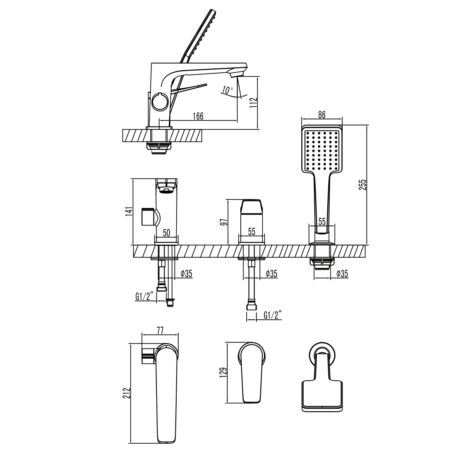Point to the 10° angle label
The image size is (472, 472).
[227, 90]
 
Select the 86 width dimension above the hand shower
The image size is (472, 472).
[321, 115]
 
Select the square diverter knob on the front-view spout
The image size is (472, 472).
[148, 217]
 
